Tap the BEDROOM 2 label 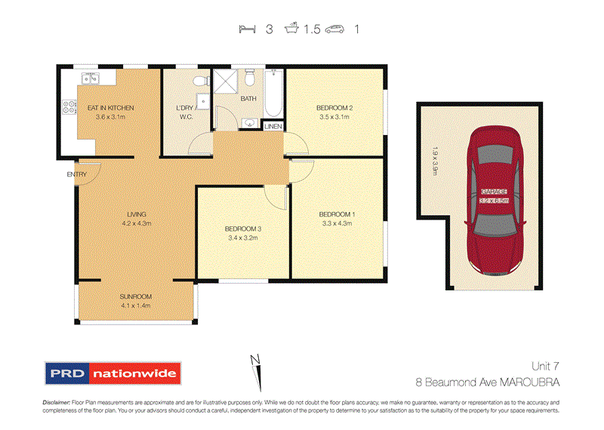pos(336,108)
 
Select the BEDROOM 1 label pos(337,213)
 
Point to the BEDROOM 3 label pos(242,229)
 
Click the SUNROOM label pos(136,296)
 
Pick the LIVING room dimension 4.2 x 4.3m pos(136,224)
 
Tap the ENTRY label pos(76,175)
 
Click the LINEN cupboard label pos(273,125)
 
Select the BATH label pos(248,99)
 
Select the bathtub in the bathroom pos(273,94)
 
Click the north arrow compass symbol pos(256,369)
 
